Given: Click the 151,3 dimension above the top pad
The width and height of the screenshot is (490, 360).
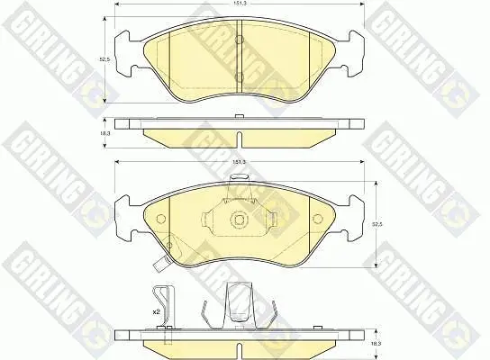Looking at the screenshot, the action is coord(240,4).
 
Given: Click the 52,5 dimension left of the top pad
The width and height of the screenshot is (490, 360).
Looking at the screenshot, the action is coord(105,59).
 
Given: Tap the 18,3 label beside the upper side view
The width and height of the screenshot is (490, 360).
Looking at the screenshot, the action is coord(105,132).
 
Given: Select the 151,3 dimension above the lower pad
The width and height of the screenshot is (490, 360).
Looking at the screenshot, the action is coord(240,162).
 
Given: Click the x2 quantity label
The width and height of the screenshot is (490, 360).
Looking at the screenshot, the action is coord(155,311).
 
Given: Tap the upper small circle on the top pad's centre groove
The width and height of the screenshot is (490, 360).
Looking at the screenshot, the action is coord(239,40).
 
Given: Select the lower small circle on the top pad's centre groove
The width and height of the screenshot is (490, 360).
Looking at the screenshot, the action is coord(239,76).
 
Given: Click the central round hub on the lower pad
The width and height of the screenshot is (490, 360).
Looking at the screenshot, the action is coord(239,220).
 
